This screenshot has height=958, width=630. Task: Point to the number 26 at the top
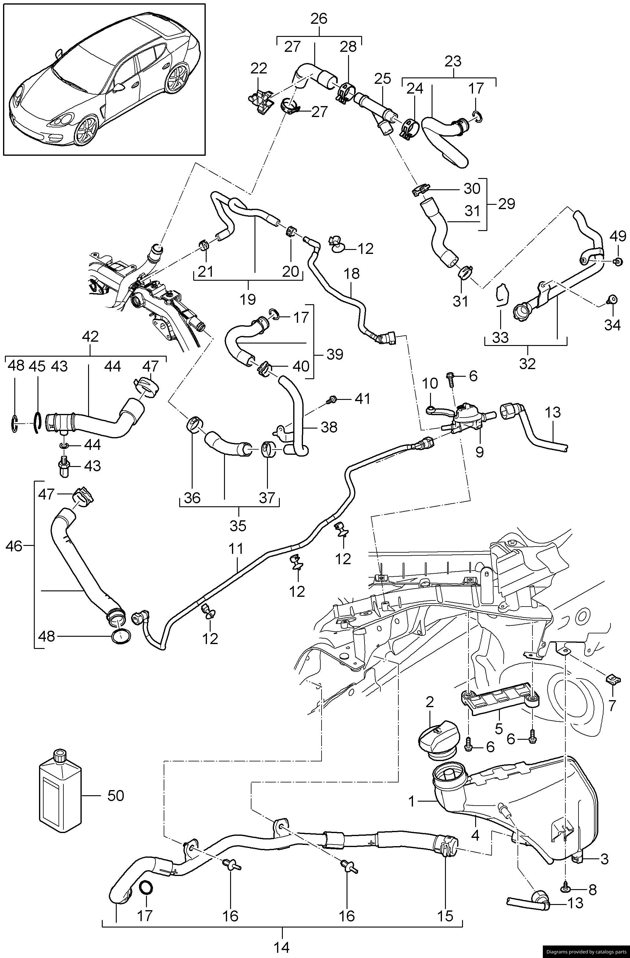(x=319, y=19)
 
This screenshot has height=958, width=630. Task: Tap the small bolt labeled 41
(x=332, y=399)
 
